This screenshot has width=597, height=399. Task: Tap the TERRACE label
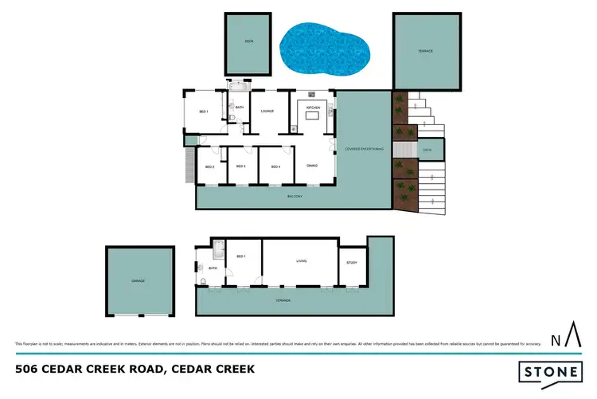click(426, 51)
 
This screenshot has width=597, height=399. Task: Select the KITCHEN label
click(312, 106)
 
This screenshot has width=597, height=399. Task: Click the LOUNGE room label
click(267, 111)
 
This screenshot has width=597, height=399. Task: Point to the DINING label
click(312, 166)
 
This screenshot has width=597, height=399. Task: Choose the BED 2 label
click(209, 166)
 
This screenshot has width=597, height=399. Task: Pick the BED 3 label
click(240, 166)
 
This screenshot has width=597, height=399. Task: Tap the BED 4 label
click(275, 166)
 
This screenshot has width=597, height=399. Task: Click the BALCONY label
click(295, 196)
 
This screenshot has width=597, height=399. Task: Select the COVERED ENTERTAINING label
click(365, 149)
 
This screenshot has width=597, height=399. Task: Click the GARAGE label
click(139, 280)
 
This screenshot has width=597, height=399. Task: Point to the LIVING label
click(301, 260)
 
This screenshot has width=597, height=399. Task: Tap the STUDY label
click(352, 262)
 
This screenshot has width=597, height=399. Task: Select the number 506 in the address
click(28, 370)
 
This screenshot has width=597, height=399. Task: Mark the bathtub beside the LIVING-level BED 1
click(218, 252)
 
